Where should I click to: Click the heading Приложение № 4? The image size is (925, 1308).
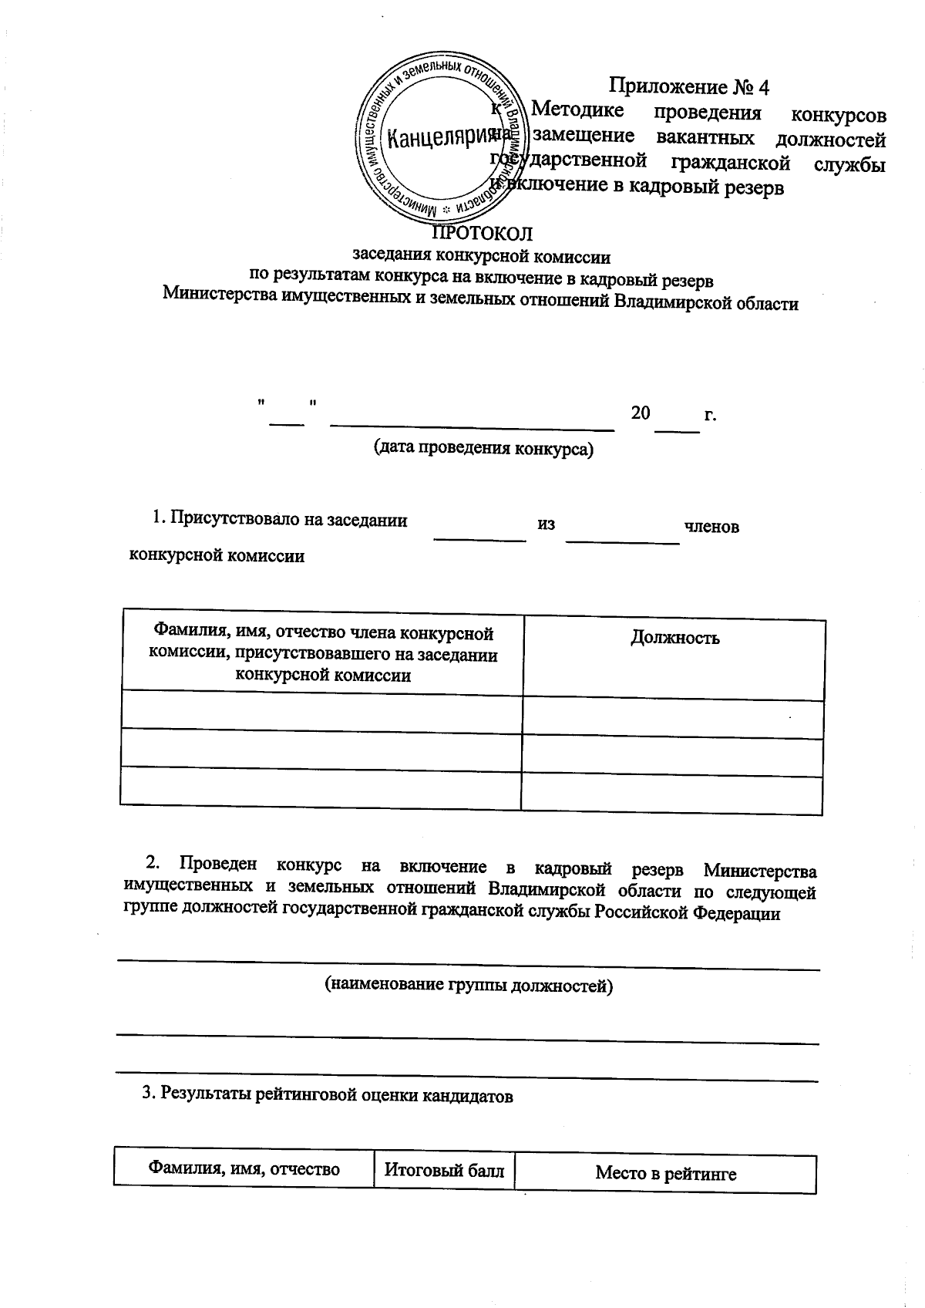tap(689, 86)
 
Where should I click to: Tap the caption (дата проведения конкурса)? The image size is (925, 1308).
tap(483, 448)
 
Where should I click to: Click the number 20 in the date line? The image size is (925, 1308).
tap(640, 413)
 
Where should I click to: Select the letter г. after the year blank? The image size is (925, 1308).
tap(710, 414)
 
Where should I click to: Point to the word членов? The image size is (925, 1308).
tap(711, 527)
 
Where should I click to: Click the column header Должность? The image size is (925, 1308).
tap(674, 638)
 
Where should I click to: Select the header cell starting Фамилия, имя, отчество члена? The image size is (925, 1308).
tap(322, 655)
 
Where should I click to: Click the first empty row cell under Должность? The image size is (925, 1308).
tap(672, 720)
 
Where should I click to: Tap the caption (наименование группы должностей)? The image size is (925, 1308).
tap(468, 985)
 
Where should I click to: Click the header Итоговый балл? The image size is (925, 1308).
tap(444, 1171)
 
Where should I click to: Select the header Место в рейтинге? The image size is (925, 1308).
tap(665, 1174)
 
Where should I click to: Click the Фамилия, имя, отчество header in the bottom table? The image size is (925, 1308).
tap(244, 1169)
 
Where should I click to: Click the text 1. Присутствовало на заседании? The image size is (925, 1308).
tap(281, 519)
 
